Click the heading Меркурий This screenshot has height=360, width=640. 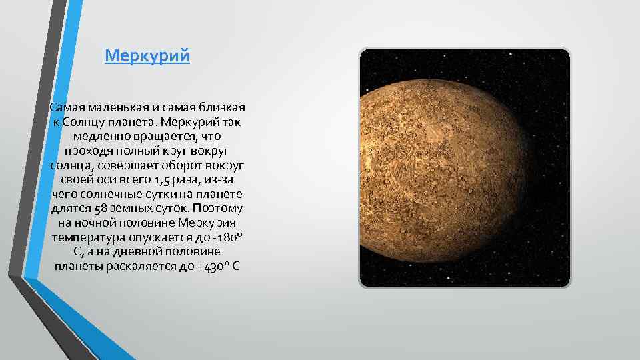tap(147, 55)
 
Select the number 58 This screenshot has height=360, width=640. tap(103, 209)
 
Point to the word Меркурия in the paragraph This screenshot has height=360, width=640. tap(213, 223)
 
